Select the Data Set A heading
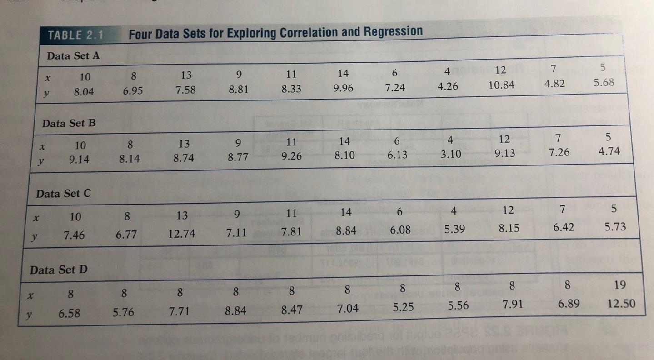73,56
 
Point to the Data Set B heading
69,123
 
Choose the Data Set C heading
64,193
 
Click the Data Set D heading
59,270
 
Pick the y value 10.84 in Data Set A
502,85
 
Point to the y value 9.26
290,156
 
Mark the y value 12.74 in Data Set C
181,234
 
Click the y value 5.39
454,230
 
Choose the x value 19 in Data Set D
619,285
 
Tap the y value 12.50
621,303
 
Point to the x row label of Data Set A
46,77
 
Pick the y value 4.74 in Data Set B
609,151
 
